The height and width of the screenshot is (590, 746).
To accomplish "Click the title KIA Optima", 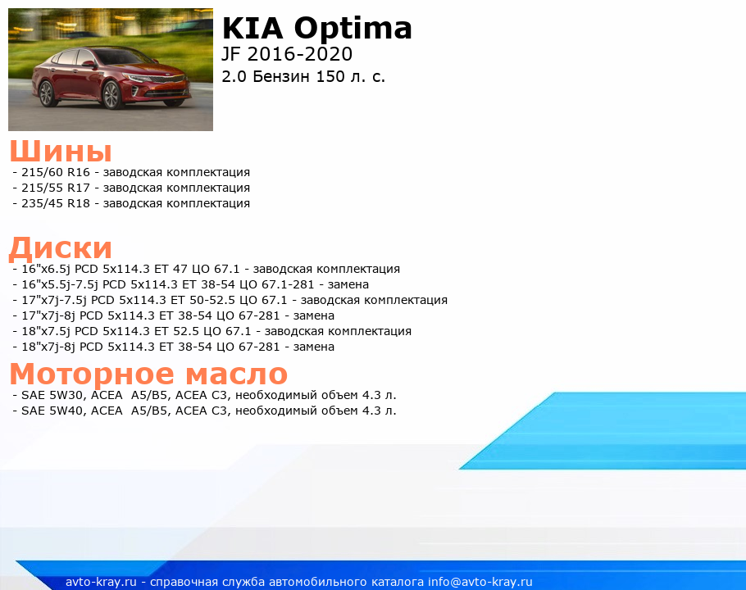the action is tap(317, 29).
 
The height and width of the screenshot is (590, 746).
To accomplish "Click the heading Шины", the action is tap(61, 151).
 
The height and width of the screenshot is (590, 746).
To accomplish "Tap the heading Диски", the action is tap(61, 248).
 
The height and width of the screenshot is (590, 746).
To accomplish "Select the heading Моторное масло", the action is tap(148, 374).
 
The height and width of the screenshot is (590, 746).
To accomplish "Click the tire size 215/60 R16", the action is tap(56, 172).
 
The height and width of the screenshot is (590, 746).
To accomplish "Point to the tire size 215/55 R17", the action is tap(56, 188).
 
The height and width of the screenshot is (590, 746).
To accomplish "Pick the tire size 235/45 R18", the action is tap(56, 203).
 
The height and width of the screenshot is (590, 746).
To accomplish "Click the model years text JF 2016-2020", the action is tap(287, 54).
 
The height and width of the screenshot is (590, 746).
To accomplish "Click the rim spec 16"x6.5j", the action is tap(46, 269).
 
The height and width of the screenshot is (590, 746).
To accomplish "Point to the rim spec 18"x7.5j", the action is tap(46, 331).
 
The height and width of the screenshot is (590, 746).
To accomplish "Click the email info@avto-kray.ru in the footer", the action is tap(480, 582).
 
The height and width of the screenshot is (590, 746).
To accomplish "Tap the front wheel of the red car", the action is tap(111, 95).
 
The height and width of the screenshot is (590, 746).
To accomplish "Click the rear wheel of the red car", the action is tap(47, 93).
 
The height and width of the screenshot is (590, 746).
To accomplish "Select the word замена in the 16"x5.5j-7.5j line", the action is tap(348, 285).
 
